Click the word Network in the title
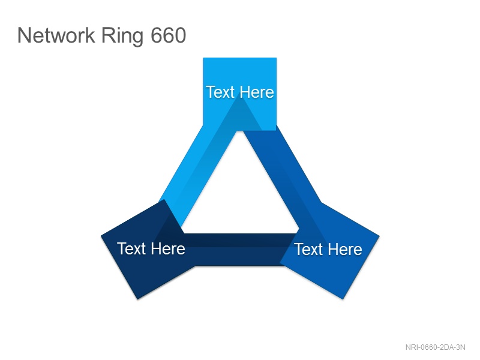[56, 35]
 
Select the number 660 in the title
[169, 35]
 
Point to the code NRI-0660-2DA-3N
[436, 347]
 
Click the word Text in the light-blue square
[220, 92]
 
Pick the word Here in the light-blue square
[257, 92]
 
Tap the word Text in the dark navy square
[131, 248]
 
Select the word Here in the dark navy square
[168, 248]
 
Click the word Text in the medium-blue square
[308, 249]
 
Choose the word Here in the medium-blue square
[345, 249]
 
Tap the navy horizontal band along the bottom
[239, 250]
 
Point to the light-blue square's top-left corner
[203, 58]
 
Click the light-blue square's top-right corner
[277, 58]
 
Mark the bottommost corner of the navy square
[138, 299]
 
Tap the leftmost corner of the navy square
[101, 236]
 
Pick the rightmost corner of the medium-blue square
[380, 236]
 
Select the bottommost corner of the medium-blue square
[343, 299]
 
